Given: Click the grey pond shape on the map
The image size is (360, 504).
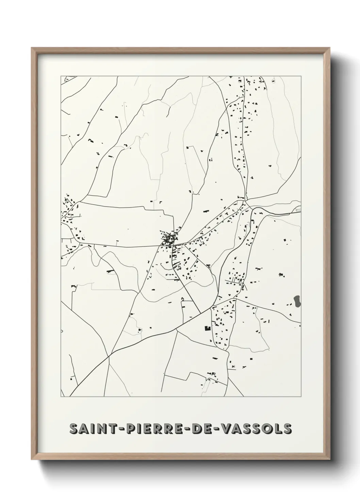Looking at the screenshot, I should pos(297,300).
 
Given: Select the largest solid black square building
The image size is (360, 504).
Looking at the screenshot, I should pos(207,328).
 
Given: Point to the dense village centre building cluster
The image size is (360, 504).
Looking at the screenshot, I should pos(169,237).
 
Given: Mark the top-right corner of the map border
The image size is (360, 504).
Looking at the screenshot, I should pos(301,76).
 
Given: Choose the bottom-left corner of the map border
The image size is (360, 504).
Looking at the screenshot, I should pos(61,397).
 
